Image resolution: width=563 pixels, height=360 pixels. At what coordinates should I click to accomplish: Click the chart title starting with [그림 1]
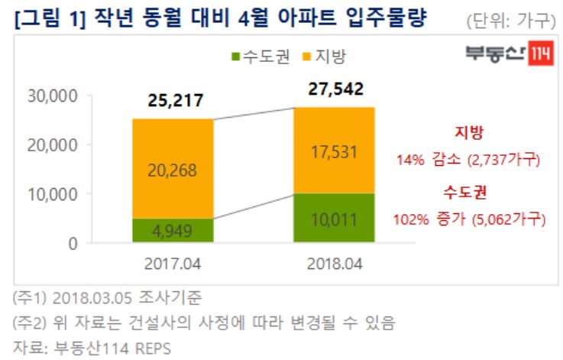(x=222, y=17)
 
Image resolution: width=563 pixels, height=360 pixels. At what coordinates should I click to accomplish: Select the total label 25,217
(x=173, y=101)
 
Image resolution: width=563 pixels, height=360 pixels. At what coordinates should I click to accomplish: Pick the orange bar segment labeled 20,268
(x=173, y=169)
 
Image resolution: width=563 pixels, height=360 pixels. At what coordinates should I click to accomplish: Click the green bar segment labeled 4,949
(x=173, y=229)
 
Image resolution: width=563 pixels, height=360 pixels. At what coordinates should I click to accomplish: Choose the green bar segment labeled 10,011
(x=335, y=219)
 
